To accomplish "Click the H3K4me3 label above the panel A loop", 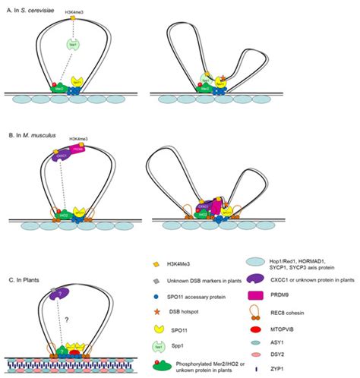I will pyautogui.click(x=75, y=14).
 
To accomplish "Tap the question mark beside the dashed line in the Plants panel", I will pyautogui.click(x=77, y=320).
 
